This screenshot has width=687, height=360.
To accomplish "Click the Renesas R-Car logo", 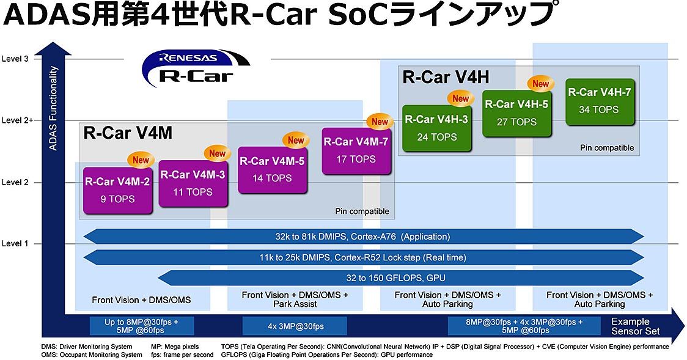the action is coord(196,68).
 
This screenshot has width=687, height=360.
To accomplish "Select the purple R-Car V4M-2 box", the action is coord(118,191).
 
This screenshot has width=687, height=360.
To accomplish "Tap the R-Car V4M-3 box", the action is coord(193,183).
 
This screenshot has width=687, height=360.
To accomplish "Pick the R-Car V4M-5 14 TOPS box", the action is coord(272,170).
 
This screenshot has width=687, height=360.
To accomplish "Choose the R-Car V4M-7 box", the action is coord(356,151).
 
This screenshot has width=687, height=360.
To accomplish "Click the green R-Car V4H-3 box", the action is coord(437,128).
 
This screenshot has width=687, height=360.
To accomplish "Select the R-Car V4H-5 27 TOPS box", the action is coord(517,114).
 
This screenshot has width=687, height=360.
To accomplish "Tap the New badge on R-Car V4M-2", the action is coord(141,160).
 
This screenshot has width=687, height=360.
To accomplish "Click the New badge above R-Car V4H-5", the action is coord(541,84).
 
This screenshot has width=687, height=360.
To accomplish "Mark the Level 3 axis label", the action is coord(15,59).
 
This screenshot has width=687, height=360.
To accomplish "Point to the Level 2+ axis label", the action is coord(18,120).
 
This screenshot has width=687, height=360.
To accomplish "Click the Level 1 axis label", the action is coord(15,243).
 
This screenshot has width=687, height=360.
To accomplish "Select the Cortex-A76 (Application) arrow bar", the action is coord(363,237).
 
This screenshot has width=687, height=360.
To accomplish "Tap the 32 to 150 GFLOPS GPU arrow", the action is coord(400,277).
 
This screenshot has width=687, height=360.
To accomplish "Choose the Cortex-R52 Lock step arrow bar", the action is coord(363,257).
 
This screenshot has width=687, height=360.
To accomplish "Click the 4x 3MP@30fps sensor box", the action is coord(295,326).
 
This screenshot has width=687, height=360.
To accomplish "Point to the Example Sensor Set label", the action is coord(635,326).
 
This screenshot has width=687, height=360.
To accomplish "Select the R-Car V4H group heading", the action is coord(446,78).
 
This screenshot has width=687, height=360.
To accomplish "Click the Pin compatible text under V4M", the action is coord(362,211).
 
